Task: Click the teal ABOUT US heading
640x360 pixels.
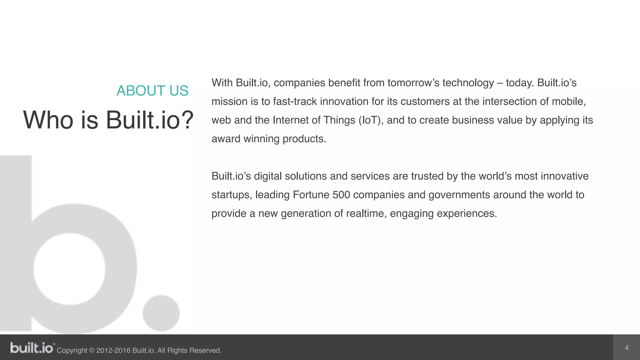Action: pyautogui.click(x=152, y=91)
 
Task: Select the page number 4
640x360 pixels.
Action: pyautogui.click(x=626, y=348)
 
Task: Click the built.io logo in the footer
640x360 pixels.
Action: pyautogui.click(x=32, y=348)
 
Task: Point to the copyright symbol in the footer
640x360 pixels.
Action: pyautogui.click(x=92, y=351)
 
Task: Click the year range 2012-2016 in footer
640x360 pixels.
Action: pyautogui.click(x=113, y=351)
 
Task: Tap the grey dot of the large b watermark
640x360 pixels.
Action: pyautogui.click(x=161, y=313)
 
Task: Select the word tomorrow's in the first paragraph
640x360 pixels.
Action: pyautogui.click(x=413, y=83)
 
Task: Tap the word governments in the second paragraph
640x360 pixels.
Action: pyautogui.click(x=459, y=195)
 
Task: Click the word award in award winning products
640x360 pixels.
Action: pyautogui.click(x=226, y=139)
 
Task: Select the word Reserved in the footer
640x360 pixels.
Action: pyautogui.click(x=205, y=351)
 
